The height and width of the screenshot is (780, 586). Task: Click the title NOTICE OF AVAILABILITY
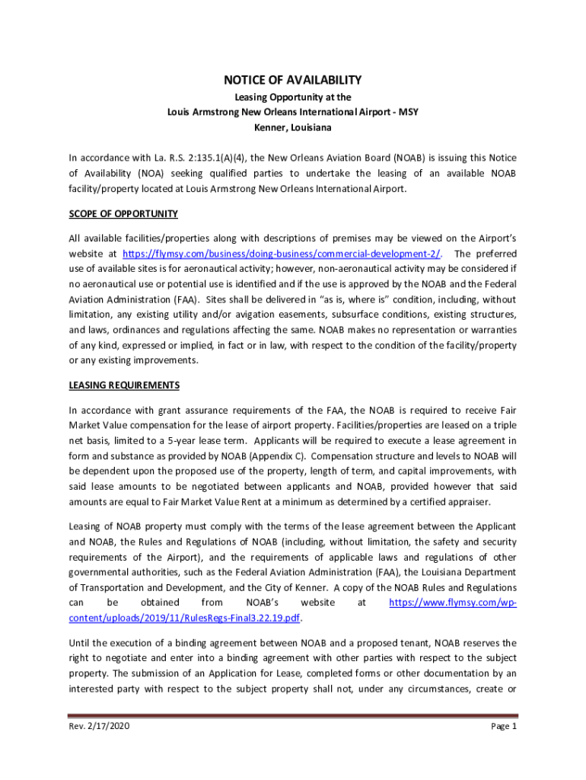tap(292, 80)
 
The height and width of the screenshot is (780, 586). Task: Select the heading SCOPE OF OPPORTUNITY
tap(123, 213)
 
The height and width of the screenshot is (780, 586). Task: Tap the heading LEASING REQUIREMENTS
tap(124, 385)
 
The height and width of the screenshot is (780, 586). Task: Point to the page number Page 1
tap(504, 727)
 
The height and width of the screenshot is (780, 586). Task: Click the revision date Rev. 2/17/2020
tap(99, 727)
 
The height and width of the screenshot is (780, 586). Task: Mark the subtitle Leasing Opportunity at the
tap(292, 97)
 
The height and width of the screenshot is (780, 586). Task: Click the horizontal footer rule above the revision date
tap(293, 715)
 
